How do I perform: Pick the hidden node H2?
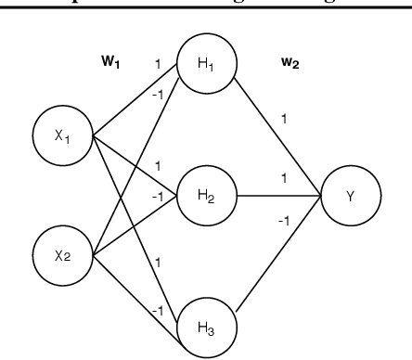pos(207,196)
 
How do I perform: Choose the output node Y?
pos(350,196)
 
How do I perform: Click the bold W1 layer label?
pos(112,62)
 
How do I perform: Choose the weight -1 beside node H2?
pos(157,196)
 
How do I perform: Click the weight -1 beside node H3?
pos(157,310)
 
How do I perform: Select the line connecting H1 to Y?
pos(278,135)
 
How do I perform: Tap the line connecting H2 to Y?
pos(278,196)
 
